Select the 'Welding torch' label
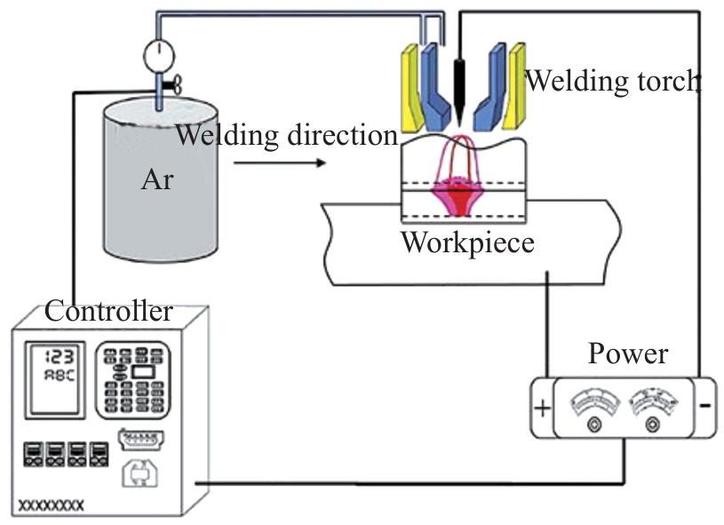coord(613,82)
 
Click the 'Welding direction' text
coord(286,136)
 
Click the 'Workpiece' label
coord(467,243)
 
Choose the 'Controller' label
coord(108,312)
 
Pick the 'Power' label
coord(628,354)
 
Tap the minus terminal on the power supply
coord(704,406)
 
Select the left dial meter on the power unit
coord(593,404)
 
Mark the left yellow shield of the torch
coord(411,89)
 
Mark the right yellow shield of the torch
coord(515,89)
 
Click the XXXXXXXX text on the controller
coord(52,505)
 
